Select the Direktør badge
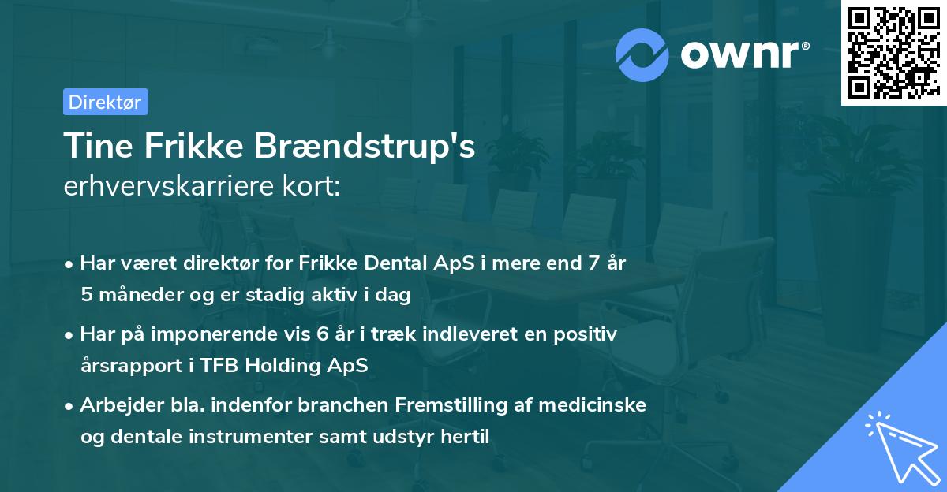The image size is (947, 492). (105, 102)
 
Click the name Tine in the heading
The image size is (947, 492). (92, 147)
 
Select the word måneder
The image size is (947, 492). (133, 295)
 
